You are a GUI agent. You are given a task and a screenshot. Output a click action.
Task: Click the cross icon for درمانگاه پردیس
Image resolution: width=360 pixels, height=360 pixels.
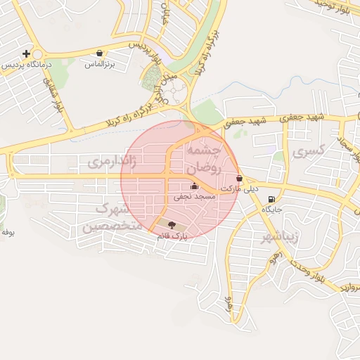pyautogui.click(x=27, y=53)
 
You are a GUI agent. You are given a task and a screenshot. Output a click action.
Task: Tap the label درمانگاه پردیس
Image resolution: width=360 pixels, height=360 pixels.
pyautogui.click(x=22, y=65)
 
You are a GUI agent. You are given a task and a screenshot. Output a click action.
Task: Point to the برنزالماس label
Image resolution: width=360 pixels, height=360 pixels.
pyautogui.click(x=99, y=64)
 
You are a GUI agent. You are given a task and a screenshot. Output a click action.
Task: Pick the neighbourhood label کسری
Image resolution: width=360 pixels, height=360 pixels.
pyautogui.click(x=309, y=150)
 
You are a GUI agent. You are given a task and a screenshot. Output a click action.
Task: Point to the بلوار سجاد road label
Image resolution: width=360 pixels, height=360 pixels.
pyautogui.click(x=347, y=141)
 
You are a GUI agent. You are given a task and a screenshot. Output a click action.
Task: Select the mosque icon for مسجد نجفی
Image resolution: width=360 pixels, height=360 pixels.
pyautogui.click(x=194, y=187)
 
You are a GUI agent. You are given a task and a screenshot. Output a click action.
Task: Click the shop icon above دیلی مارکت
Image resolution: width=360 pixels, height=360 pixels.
pyautogui.click(x=240, y=179)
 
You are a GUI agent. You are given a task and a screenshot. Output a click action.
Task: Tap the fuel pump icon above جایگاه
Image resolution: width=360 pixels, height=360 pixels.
pyautogui.click(x=271, y=199)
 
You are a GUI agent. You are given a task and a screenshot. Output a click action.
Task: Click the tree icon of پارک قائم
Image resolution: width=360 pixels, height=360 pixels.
pyautogui.click(x=173, y=224)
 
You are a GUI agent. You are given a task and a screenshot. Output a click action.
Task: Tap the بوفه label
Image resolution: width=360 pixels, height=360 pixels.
pyautogui.click(x=8, y=231)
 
